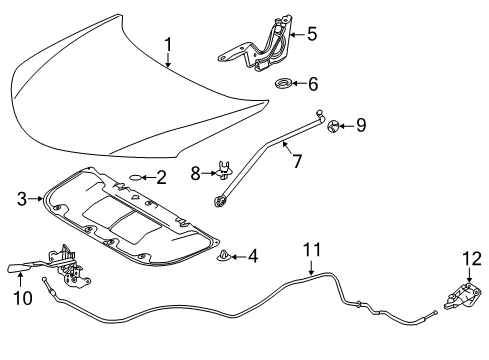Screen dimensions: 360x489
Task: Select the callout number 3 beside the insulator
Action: (x=22, y=200)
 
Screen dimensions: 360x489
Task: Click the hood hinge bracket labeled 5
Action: (x=262, y=45)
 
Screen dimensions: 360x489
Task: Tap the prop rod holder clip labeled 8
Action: (x=223, y=171)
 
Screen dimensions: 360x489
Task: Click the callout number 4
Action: (x=251, y=258)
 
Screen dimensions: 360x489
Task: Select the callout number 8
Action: (x=197, y=173)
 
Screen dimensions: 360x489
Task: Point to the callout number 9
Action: (x=360, y=125)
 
